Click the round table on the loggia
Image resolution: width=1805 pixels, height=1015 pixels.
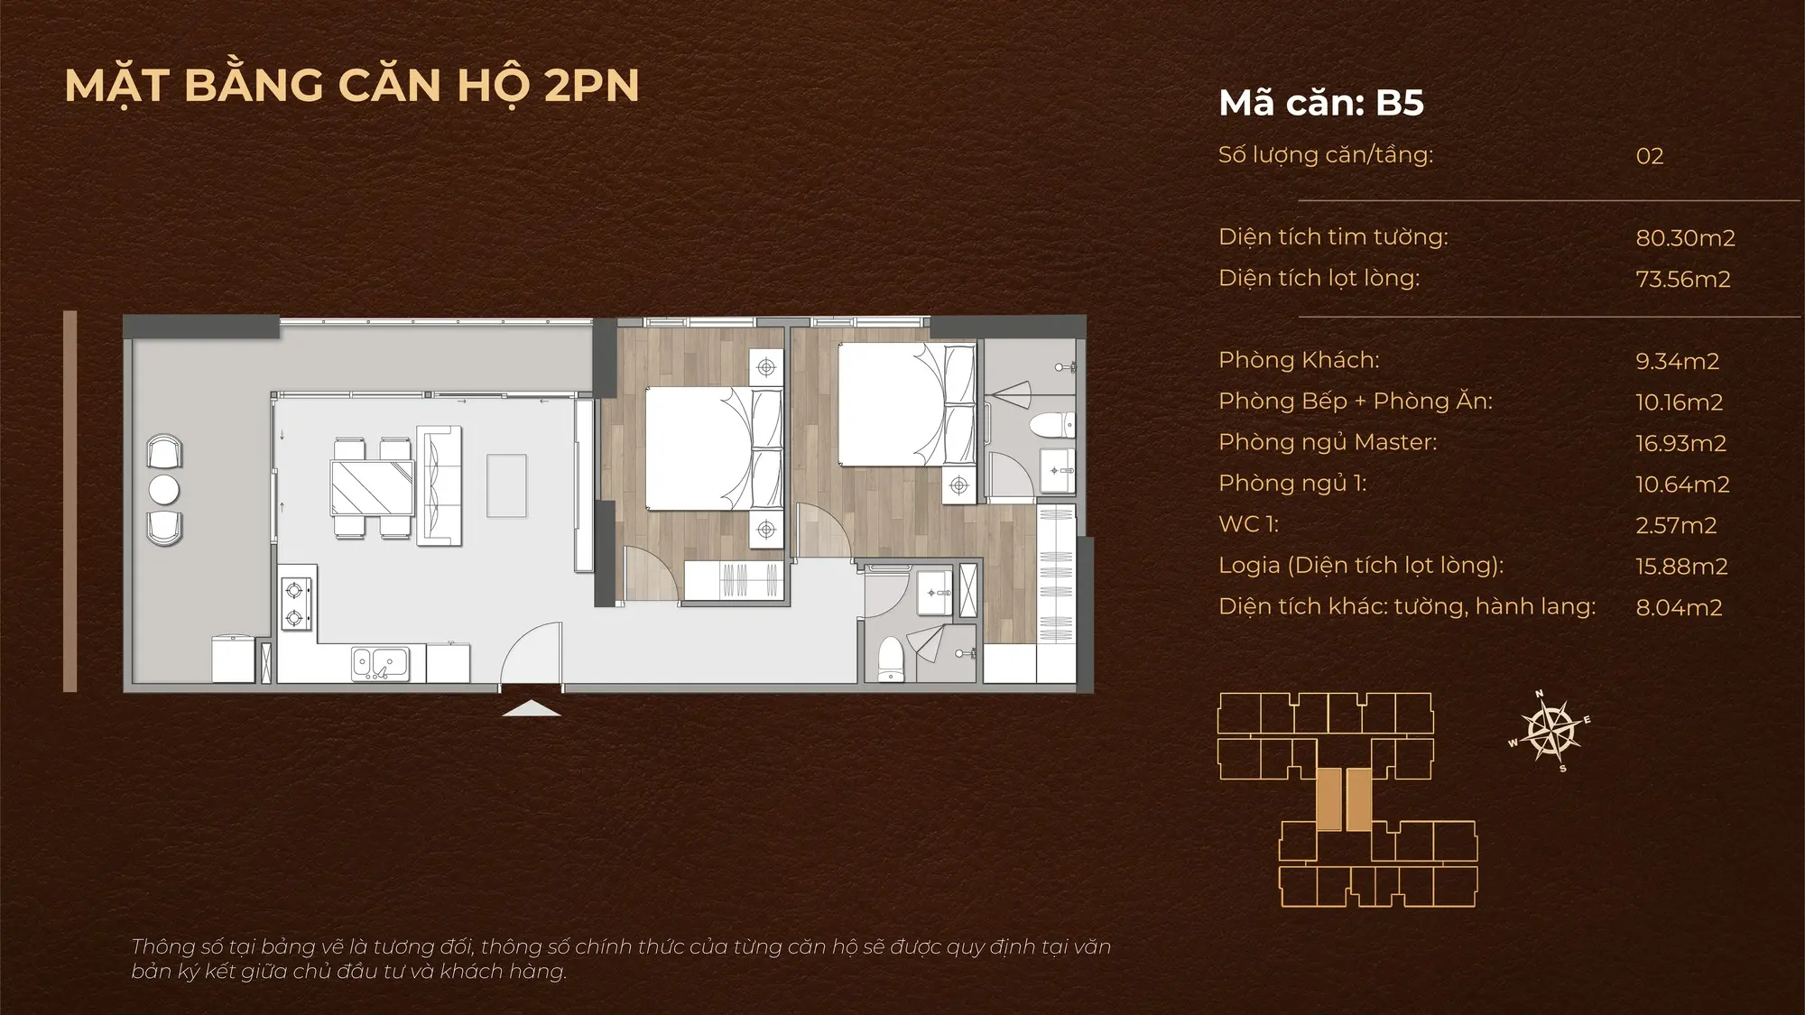click(164, 490)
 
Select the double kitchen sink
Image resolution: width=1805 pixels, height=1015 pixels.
click(380, 664)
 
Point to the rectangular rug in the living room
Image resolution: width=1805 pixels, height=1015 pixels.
click(506, 485)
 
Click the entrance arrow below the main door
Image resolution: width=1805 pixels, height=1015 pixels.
click(532, 708)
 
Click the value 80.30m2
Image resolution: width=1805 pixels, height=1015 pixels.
click(1685, 238)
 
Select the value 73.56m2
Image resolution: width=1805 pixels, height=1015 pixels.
click(1683, 280)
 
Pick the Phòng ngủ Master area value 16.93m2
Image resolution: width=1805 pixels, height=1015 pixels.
click(1680, 444)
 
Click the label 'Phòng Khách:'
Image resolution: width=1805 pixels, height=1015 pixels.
click(1299, 360)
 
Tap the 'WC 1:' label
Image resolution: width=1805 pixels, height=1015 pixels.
click(1248, 524)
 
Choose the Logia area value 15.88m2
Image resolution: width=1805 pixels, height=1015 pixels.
click(1681, 567)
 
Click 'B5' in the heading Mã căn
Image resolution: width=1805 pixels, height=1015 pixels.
click(1400, 103)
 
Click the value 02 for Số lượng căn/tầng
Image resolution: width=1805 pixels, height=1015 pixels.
click(1650, 156)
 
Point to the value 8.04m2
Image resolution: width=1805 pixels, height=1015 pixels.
click(1679, 608)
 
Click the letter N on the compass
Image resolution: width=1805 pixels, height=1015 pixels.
click(1540, 694)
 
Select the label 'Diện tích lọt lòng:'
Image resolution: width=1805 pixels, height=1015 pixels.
click(1319, 279)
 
